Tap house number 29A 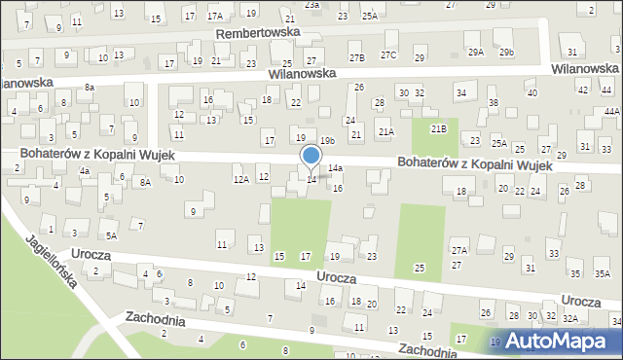coord(475,52)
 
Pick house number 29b coord(506,52)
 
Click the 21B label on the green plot coord(439,128)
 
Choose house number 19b coord(327,141)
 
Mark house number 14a coord(335,168)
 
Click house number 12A coord(240,179)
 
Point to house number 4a coord(85,171)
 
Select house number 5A coord(112,235)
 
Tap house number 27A coord(459,250)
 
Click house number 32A coord(570,318)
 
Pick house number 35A coord(603,273)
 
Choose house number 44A coord(611,112)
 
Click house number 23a coord(311,5)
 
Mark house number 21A coord(386,131)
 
